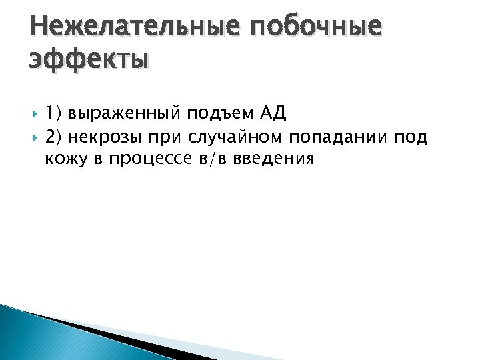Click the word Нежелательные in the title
pos(131,26)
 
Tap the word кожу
pos(63,159)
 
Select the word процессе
pos(147,159)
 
